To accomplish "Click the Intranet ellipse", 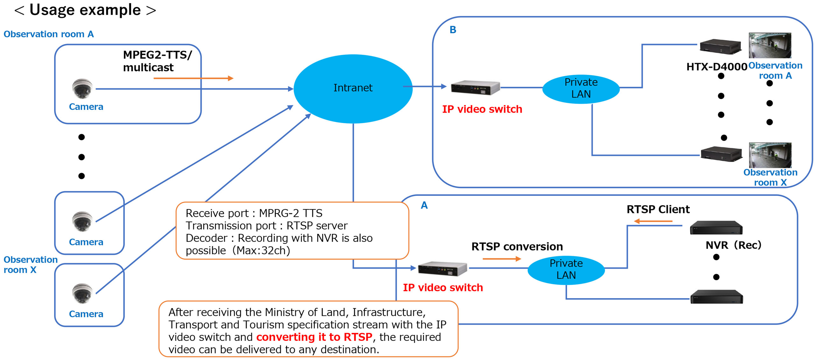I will pos(353,88).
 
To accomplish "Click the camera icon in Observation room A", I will pos(82,88).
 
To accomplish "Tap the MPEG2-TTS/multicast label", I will pos(157,61).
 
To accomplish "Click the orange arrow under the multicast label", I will pos(193,78).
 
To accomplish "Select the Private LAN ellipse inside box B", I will pos(581,88).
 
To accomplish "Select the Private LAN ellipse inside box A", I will pos(566,269).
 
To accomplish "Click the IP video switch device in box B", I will pos(475,88).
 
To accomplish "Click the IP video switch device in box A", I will pos(442,269).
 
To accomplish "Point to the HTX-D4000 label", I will pos(717,67).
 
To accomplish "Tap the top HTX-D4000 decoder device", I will pos(720,46).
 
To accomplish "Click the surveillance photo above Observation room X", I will pos(770,155).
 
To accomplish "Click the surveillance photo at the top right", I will pos(769,45).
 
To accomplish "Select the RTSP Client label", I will pos(658,209).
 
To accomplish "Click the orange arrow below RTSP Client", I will pos(653,221).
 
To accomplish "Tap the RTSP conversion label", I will pos(517,247).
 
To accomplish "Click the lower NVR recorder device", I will pos(716,297).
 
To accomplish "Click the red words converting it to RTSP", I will pos(314,337).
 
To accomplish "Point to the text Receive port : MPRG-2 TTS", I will pos(254,213).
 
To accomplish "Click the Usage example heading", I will pos(85,10).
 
